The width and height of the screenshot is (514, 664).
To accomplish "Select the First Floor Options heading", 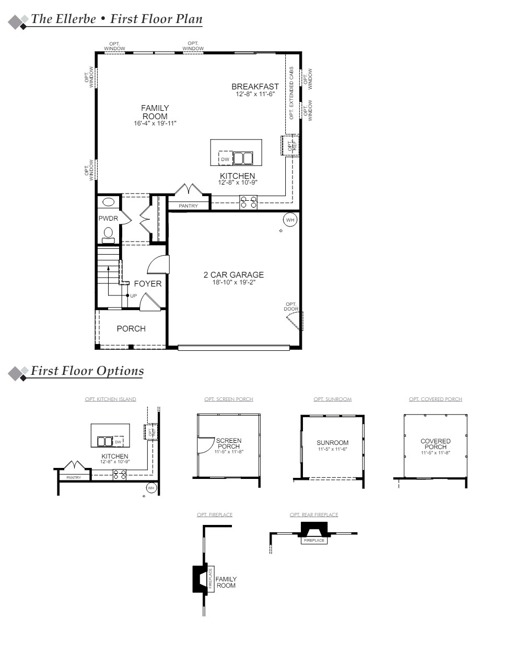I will [x=87, y=371].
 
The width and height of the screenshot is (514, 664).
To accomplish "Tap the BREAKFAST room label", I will [x=255, y=87].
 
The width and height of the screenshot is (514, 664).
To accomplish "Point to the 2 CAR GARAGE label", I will [x=233, y=275].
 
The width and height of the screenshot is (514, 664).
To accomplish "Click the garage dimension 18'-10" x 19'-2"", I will [x=233, y=282].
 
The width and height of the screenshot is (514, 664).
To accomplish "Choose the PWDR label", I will [x=108, y=218].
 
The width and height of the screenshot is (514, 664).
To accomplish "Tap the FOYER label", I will [x=148, y=284].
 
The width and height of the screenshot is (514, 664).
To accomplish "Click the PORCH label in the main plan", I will [x=131, y=329].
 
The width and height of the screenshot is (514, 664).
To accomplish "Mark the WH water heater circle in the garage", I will [x=290, y=220].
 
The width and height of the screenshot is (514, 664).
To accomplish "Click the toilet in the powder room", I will [x=108, y=234].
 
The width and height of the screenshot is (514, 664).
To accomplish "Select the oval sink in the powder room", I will [x=109, y=202].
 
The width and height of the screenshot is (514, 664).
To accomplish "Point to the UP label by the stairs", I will [x=133, y=296].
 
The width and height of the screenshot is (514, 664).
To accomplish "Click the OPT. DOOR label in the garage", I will [x=291, y=306].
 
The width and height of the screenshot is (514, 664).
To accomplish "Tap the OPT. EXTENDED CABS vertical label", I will [x=291, y=94].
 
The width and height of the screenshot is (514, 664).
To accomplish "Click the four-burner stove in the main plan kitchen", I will [x=248, y=202].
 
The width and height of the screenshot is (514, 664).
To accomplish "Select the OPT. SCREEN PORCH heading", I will [x=229, y=399].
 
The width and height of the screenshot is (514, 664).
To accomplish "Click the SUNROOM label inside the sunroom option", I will [x=332, y=443].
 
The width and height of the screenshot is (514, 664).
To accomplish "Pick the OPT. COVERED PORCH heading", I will [x=435, y=399].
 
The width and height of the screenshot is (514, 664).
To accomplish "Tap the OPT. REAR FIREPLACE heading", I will [x=314, y=515].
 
